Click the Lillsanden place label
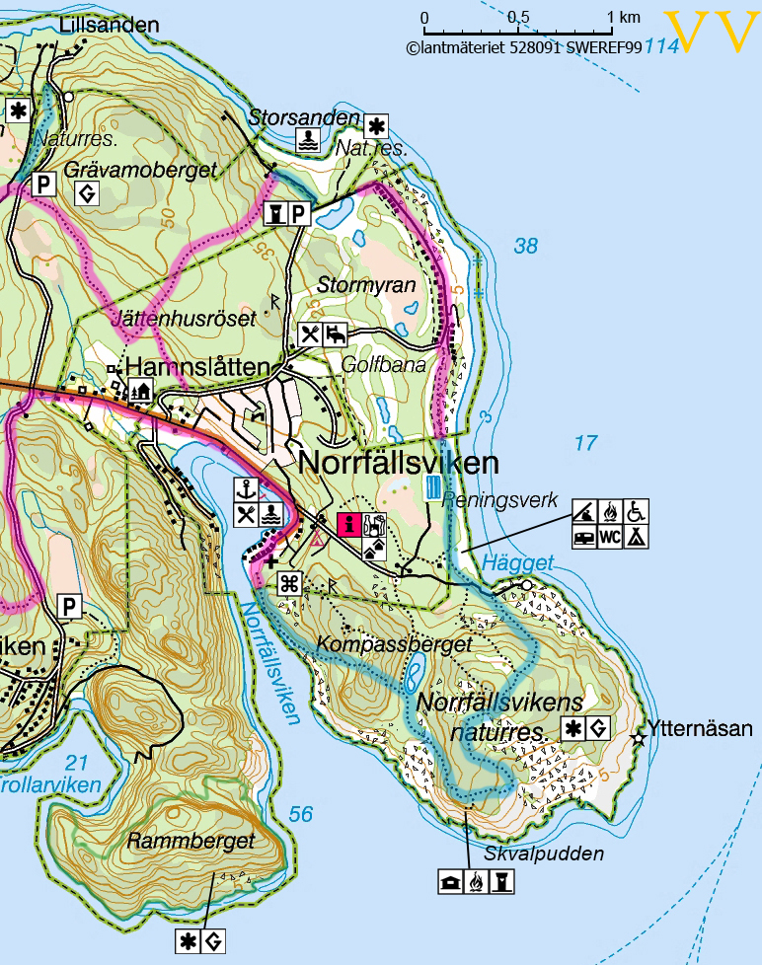(x=109, y=25)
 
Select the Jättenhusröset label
(x=185, y=319)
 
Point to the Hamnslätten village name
(x=197, y=368)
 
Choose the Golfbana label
(x=383, y=365)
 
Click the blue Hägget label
(x=518, y=561)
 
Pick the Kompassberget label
(x=397, y=644)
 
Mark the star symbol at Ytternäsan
(x=639, y=736)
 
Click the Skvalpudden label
(x=543, y=854)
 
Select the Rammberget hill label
(x=190, y=842)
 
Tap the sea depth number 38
(x=526, y=246)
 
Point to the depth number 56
(x=301, y=813)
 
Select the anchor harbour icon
(x=245, y=488)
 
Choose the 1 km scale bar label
(x=623, y=18)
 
